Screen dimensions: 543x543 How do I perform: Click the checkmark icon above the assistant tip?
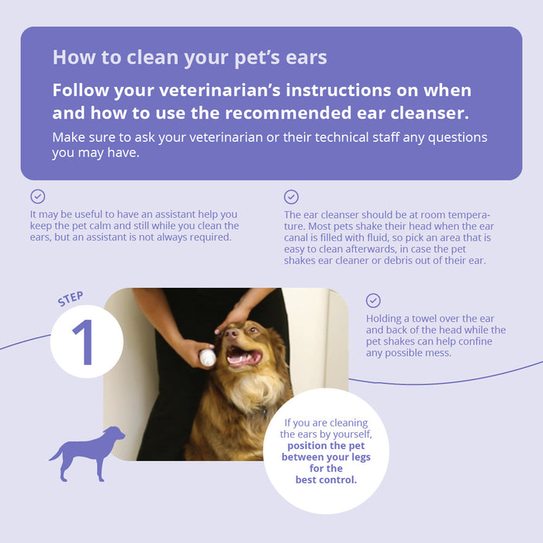pos(37,196)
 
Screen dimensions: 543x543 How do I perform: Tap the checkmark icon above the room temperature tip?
pos(291,197)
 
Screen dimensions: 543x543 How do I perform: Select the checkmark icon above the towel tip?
pos(373,301)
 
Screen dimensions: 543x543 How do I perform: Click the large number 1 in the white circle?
pos(84,342)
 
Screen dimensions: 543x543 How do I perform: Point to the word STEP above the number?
pos(71,299)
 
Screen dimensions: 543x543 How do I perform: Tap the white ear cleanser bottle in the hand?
pos(207,358)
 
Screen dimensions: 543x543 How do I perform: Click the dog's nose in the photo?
pos(230,333)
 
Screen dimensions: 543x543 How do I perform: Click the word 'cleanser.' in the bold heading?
pos(430,113)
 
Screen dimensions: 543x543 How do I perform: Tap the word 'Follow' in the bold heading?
pos(81,91)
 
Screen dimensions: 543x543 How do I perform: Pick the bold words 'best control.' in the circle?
pos(326,479)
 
